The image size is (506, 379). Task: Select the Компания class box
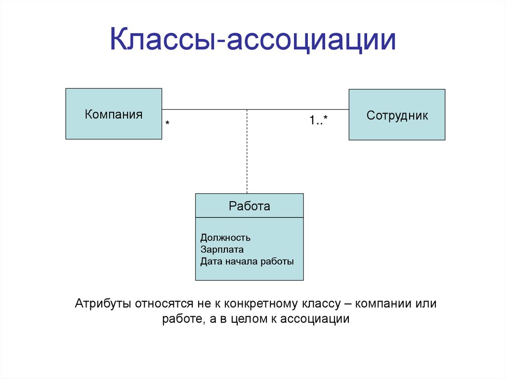pos(114,114)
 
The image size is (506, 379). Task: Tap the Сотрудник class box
pos(397,115)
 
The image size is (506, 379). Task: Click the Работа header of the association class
pos(250,206)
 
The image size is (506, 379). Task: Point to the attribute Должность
pos(225,238)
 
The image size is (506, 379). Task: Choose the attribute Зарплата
pos(222,250)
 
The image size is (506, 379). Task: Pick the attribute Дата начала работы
pos(247,261)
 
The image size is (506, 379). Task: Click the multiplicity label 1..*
pos(319,120)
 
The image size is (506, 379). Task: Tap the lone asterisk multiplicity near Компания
pos(168,123)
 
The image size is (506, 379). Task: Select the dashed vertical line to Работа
pos(247,158)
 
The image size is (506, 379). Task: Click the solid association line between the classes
pos(296,109)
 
